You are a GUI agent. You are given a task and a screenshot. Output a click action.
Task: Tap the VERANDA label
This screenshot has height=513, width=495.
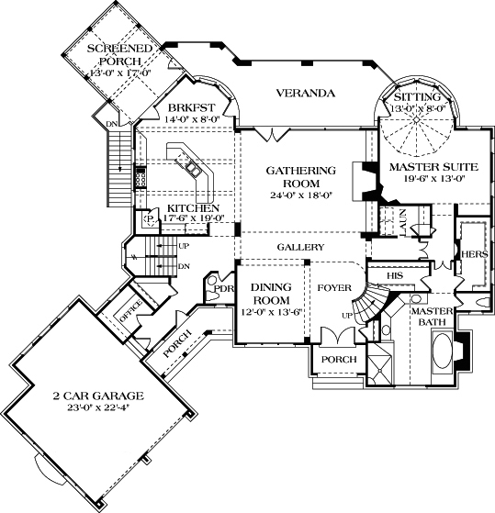pyautogui.click(x=304, y=94)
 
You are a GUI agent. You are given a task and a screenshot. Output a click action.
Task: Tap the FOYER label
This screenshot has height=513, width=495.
pyautogui.click(x=334, y=288)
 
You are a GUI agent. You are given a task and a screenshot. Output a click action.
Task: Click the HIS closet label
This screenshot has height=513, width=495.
pyautogui.click(x=396, y=274)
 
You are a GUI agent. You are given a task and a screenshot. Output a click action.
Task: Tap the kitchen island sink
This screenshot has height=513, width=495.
pyautogui.click(x=194, y=168)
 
